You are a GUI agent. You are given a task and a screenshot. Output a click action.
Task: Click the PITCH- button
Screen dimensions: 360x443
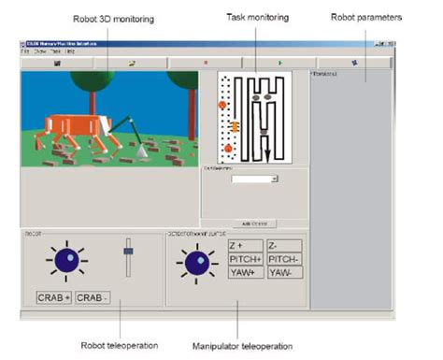tap(283, 259)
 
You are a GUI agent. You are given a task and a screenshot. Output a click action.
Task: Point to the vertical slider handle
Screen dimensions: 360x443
tap(129, 250)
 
